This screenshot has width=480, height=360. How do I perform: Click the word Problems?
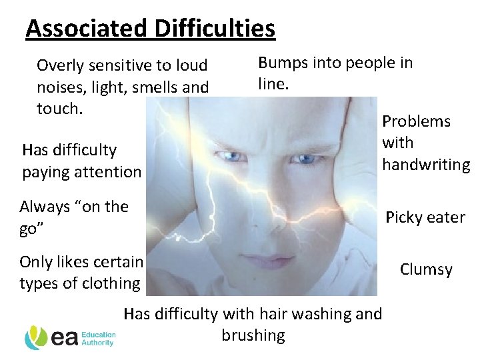click(416, 121)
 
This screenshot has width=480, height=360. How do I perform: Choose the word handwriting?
click(425, 164)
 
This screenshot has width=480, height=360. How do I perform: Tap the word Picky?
click(404, 217)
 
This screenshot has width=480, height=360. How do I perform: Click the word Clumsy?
click(426, 269)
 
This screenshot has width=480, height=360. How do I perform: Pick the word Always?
click(44, 207)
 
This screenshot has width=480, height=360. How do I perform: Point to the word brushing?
click(253, 335)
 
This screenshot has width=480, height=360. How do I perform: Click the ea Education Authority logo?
click(71, 338)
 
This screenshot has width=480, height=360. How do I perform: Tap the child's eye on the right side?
click(306, 159)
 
